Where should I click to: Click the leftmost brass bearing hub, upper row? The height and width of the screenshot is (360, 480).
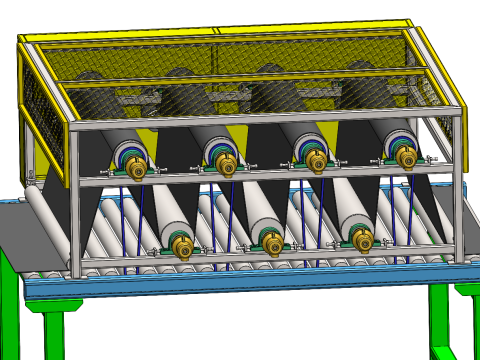pyautogui.click(x=135, y=169)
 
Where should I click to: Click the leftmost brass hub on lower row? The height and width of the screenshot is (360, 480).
pyautogui.click(x=183, y=247)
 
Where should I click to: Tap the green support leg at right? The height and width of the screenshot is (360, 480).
pyautogui.click(x=441, y=320)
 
